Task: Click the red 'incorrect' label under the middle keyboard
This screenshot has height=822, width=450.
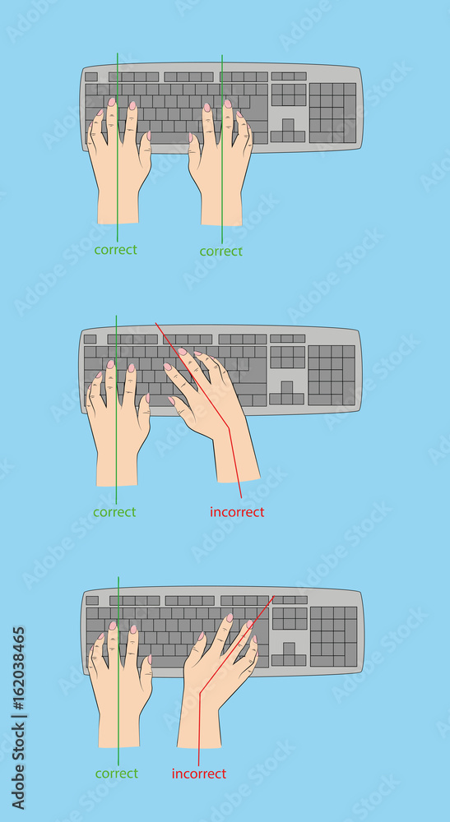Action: click(x=237, y=512)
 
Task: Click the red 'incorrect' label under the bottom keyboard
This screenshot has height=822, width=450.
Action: click(x=198, y=774)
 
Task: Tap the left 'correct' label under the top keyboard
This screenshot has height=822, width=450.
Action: click(x=115, y=249)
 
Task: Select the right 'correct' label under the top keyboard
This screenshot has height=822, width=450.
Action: click(x=220, y=251)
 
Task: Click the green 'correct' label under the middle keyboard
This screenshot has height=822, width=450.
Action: click(x=114, y=511)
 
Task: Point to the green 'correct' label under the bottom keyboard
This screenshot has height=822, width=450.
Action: click(x=116, y=773)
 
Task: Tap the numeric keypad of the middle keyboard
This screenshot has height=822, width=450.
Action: click(x=331, y=374)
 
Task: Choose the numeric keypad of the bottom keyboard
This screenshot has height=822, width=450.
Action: click(x=333, y=635)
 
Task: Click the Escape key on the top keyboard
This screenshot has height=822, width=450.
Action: click(x=90, y=76)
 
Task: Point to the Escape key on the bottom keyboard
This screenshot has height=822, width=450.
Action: click(x=92, y=600)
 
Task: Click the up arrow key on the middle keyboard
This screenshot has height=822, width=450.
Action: click(x=286, y=386)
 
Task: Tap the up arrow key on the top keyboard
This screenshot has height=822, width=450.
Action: click(x=288, y=124)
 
